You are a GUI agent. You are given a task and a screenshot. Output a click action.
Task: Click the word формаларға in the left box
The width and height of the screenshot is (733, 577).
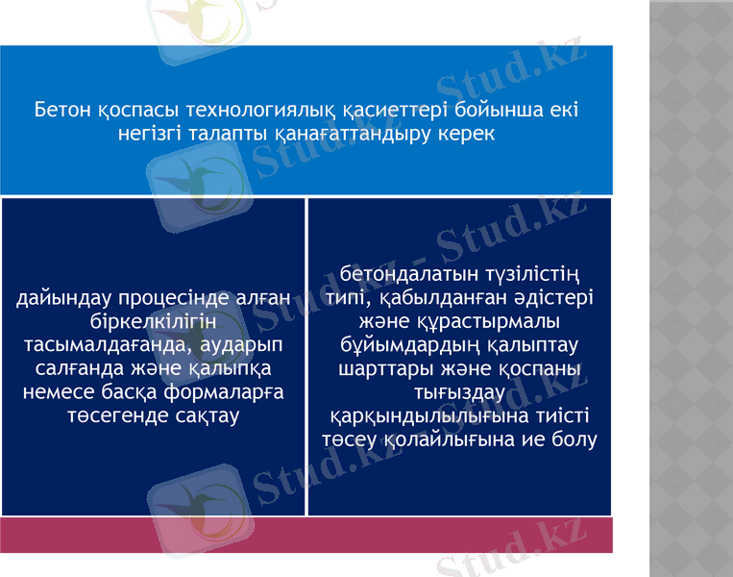pyautogui.click(x=228, y=391)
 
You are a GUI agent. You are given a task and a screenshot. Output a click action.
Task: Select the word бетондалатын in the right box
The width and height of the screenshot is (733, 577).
pyautogui.click(x=394, y=276)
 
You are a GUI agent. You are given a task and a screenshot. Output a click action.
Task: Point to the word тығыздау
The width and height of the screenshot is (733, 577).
pyautogui.click(x=458, y=392)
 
